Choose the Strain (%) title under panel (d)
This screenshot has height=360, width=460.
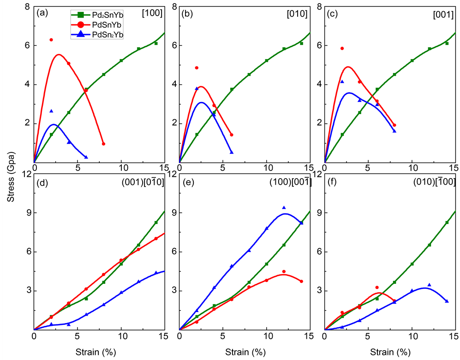click(99, 352)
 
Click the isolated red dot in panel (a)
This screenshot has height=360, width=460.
click(51, 40)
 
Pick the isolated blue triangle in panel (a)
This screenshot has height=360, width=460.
click(51, 111)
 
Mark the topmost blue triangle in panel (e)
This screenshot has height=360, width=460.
click(284, 208)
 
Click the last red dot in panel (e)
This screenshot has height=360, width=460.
click(301, 281)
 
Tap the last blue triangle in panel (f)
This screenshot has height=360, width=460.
click(447, 301)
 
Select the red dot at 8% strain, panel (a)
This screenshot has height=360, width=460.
click(103, 144)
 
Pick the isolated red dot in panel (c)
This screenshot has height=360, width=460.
click(342, 48)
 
